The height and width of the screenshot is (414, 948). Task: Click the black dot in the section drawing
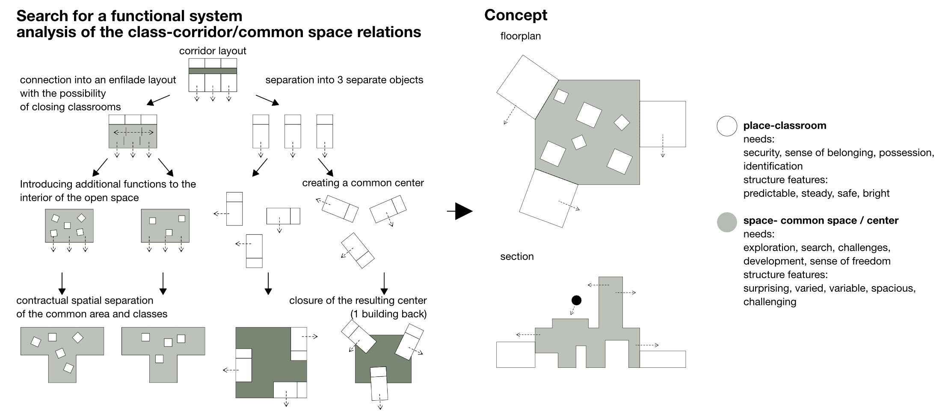[576, 300]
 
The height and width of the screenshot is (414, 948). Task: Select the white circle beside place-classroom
[726, 126]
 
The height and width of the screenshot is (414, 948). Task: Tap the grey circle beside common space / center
[726, 222]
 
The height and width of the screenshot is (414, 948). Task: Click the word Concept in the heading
[515, 15]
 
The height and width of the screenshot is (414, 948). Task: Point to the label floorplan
[520, 36]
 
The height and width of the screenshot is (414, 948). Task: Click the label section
[517, 257]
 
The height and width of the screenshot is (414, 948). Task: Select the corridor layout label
[213, 51]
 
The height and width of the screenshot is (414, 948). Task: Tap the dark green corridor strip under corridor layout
[213, 71]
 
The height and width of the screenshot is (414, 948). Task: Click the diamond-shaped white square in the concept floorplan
[622, 123]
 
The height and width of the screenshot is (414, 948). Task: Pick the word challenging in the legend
[770, 302]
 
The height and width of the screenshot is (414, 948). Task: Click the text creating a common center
[363, 183]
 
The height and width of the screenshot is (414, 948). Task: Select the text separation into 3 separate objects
[344, 80]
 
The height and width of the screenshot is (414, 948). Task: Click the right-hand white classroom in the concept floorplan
[663, 124]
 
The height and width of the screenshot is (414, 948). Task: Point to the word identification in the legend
[773, 166]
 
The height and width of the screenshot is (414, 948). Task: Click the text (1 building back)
[388, 314]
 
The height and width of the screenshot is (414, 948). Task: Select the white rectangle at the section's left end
[515, 355]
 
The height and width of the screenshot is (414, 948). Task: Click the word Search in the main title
[42, 16]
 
